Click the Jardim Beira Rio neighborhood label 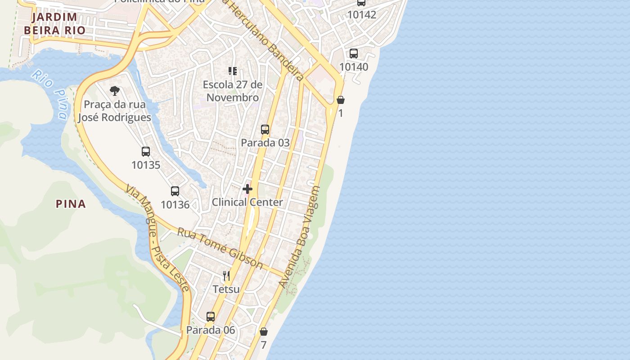pos(54,24)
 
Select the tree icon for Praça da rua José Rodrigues pos(115,91)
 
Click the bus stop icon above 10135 pos(146,152)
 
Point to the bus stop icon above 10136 pos(175,191)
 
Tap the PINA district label pos(71,204)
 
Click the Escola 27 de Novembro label pos(232,91)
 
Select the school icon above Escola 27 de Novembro pos(232,71)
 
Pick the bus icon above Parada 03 pos(265,130)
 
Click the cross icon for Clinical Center pos(247,189)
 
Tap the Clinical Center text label pos(247,202)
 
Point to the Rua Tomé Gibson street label pos(220,248)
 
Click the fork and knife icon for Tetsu pos(226,276)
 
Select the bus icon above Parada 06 pos(211,317)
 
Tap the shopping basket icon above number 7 pos(264,332)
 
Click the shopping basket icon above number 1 pos(341,100)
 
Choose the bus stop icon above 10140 pos(354,54)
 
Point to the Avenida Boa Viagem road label pos(299,237)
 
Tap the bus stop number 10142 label pos(362,15)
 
